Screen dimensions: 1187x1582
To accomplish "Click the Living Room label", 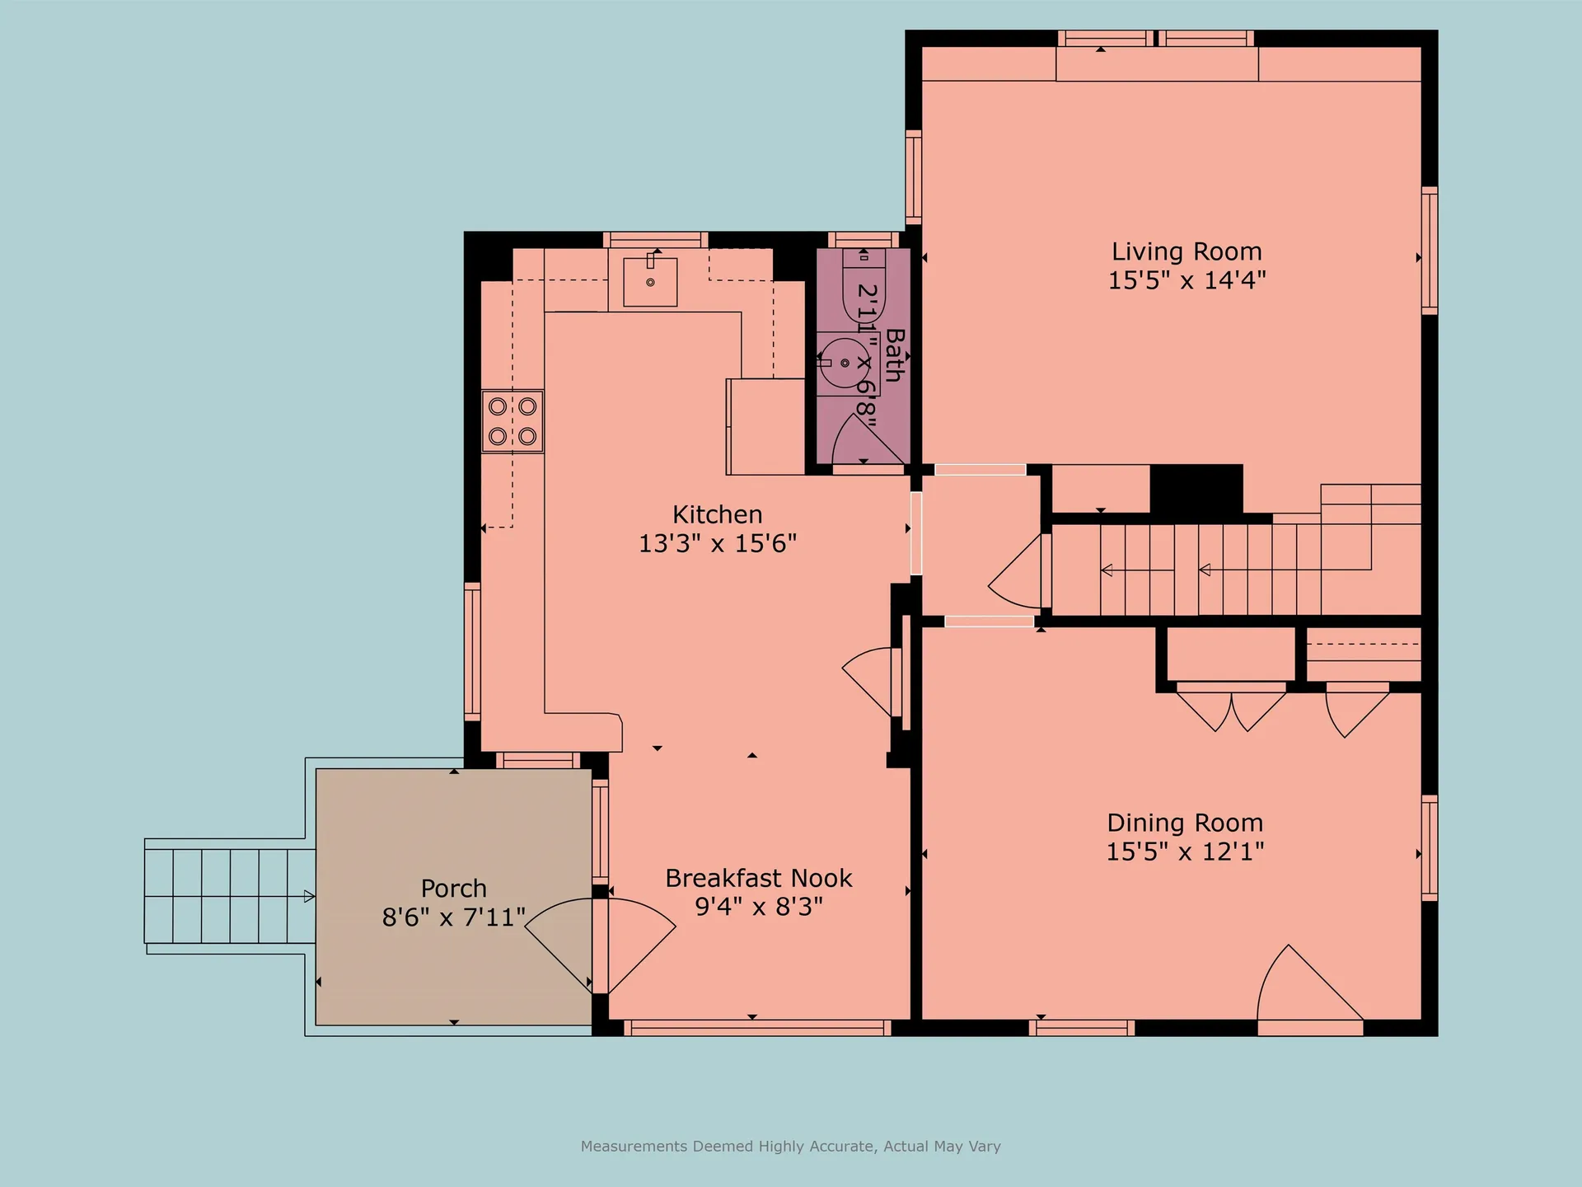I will [1186, 251].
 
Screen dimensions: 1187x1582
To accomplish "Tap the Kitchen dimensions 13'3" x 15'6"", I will [718, 543].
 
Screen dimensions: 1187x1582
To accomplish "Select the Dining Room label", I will [1185, 823].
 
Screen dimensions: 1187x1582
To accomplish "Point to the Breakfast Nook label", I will [758, 878].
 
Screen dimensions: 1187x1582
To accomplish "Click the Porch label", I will [453, 888].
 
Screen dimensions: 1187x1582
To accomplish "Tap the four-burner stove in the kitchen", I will [513, 420].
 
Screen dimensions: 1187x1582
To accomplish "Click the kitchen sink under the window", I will [650, 281].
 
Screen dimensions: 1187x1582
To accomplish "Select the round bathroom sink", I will [844, 362].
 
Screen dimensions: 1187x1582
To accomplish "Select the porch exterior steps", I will [229, 895].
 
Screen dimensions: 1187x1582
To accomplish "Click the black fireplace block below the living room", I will [1196, 490].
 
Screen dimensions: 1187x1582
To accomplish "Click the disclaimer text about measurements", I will [790, 1146].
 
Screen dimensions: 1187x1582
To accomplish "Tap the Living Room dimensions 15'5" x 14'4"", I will [1186, 280].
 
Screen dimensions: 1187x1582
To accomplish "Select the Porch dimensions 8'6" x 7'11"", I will [453, 917].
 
